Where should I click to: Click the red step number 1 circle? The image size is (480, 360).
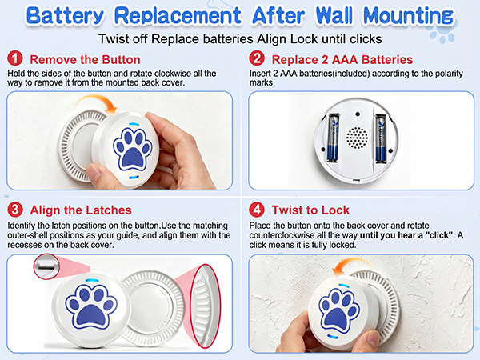tap(15, 58)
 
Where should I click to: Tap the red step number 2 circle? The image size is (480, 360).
tap(257, 58)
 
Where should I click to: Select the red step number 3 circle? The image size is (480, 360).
tap(15, 210)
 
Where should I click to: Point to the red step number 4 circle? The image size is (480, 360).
tap(257, 210)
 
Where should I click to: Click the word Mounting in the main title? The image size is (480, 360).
tap(408, 16)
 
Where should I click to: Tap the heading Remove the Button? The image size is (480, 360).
tap(85, 59)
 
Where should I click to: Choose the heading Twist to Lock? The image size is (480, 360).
tap(310, 210)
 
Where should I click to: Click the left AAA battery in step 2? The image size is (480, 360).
tap(334, 138)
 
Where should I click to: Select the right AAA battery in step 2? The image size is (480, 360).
tap(381, 138)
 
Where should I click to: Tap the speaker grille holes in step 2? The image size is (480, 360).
tap(357, 138)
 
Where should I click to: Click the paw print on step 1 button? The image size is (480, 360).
tap(133, 149)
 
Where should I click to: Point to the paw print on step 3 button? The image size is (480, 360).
tap(91, 306)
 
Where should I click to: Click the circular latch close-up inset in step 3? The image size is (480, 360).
tap(46, 266)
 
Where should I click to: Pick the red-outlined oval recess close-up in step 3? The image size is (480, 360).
tap(205, 306)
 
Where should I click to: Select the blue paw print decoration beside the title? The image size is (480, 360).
tap(442, 32)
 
